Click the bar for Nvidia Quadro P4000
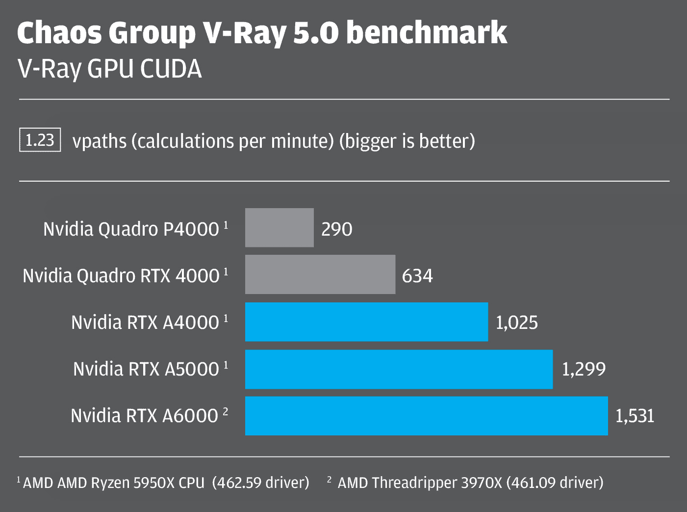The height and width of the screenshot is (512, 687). pyautogui.click(x=279, y=228)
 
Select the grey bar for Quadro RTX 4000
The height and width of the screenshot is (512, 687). pyautogui.click(x=320, y=274)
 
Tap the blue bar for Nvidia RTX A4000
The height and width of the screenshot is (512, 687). pyautogui.click(x=366, y=322)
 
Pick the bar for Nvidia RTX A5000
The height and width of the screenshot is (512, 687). pyautogui.click(x=399, y=369)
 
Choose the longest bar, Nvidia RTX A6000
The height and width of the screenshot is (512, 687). pyautogui.click(x=426, y=416)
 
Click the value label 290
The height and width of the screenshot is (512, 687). pyautogui.click(x=336, y=229)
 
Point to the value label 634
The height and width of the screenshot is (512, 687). pyautogui.click(x=417, y=276)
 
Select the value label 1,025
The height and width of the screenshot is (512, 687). pyautogui.click(x=516, y=323)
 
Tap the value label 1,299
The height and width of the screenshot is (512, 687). pyautogui.click(x=583, y=369)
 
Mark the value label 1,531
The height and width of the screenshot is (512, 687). pyautogui.click(x=635, y=416)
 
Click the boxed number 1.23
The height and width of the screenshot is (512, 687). pyautogui.click(x=40, y=140)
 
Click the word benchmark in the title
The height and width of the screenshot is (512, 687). pyautogui.click(x=427, y=33)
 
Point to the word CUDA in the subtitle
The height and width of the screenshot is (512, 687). pyautogui.click(x=171, y=69)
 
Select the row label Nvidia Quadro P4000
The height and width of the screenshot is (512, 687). pyautogui.click(x=131, y=229)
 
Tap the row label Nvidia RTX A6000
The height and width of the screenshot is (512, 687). pyautogui.click(x=144, y=416)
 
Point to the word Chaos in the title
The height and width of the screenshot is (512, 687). pyautogui.click(x=59, y=33)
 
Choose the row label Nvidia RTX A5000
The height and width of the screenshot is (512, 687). pyautogui.click(x=146, y=369)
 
